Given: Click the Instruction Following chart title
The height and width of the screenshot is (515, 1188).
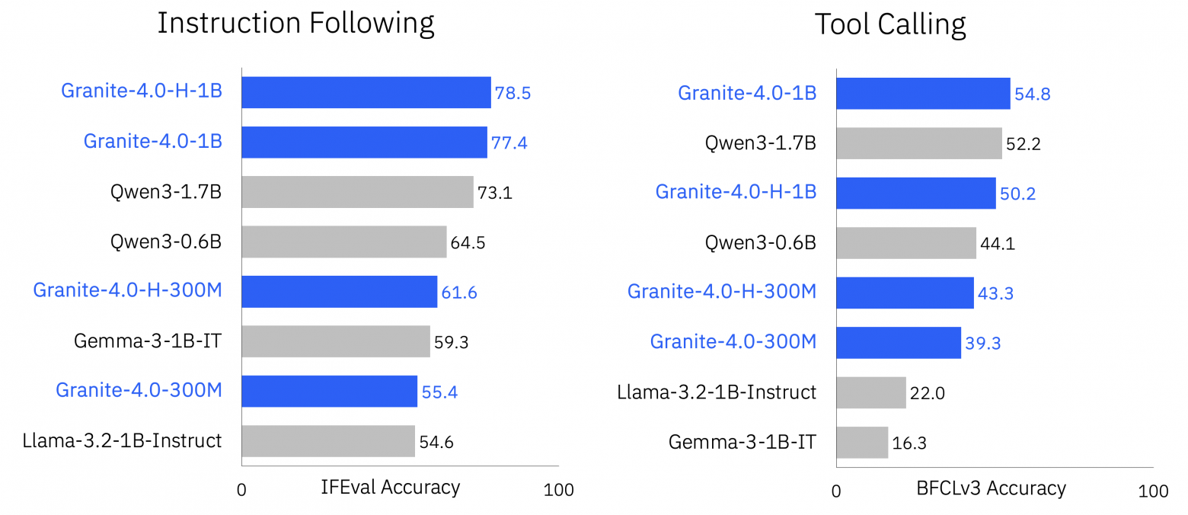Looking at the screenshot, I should click(x=295, y=24).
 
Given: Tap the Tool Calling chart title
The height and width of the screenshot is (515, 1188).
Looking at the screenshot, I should click(x=890, y=24).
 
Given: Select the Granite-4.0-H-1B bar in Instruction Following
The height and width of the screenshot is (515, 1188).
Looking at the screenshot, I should click(x=366, y=92).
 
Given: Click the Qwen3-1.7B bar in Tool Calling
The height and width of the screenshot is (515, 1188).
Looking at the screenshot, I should click(x=918, y=143).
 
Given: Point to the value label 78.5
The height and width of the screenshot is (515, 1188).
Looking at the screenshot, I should click(x=513, y=94).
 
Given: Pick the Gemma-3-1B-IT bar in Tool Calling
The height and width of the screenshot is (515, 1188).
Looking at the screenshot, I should click(x=862, y=442).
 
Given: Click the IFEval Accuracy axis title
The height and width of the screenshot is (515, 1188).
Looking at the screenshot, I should click(x=391, y=487).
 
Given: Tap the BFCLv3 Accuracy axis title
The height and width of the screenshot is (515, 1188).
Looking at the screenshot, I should click(x=992, y=488).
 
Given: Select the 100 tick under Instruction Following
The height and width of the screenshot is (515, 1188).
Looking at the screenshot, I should click(x=559, y=490).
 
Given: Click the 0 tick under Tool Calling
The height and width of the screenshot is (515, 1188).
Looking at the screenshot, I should click(x=836, y=491).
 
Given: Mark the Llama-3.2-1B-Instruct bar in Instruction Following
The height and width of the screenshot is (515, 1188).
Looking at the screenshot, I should click(x=328, y=441).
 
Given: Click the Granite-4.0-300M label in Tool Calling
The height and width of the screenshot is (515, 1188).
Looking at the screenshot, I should click(x=733, y=341).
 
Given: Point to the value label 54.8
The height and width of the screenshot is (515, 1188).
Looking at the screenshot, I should click(x=1032, y=94).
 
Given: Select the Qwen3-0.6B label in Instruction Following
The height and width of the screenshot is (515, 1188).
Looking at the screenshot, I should click(x=166, y=242).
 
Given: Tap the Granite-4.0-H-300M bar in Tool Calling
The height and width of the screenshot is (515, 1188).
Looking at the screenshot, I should click(x=905, y=293).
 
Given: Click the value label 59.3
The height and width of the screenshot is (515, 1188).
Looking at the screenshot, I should click(x=451, y=342).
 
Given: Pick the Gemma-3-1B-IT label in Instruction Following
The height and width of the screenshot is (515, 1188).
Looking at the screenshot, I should click(x=148, y=341).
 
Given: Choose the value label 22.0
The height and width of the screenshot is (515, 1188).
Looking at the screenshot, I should click(x=927, y=394).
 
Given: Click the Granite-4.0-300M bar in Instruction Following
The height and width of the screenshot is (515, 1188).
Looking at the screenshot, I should click(x=329, y=391).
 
